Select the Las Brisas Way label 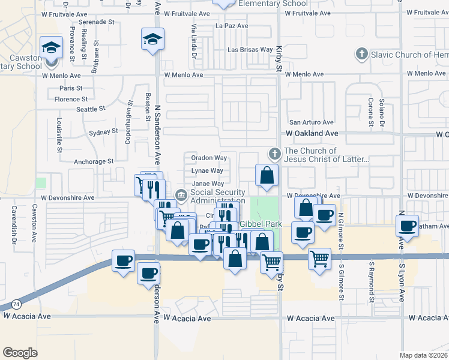pyautogui.click(x=250, y=50)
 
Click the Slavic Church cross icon pyautogui.click(x=361, y=55)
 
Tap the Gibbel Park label pyautogui.click(x=262, y=224)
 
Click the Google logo pyautogui.click(x=20, y=353)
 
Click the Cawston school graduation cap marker pyautogui.click(x=52, y=46)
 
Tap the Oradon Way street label pyautogui.click(x=209, y=158)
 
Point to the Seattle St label pyautogui.click(x=91, y=109)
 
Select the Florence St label pyautogui.click(x=71, y=99)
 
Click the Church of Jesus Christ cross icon pyautogui.click(x=275, y=155)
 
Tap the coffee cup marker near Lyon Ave pyautogui.click(x=408, y=226)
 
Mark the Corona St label pyautogui.click(x=371, y=109)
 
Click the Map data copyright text pyautogui.click(x=423, y=355)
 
